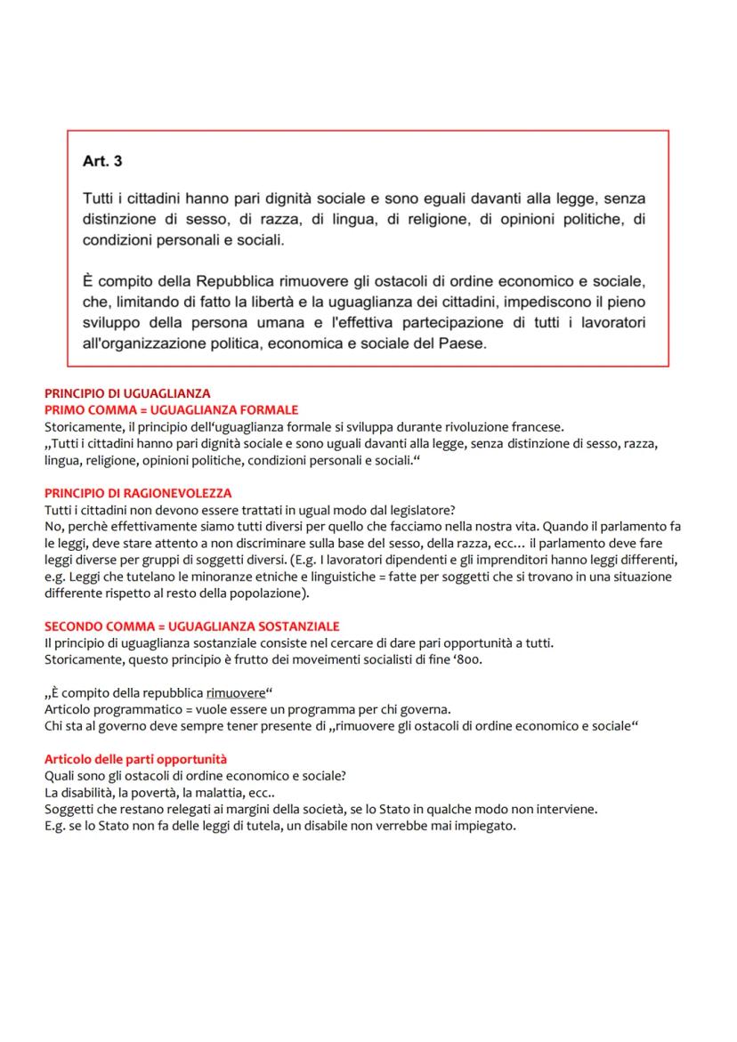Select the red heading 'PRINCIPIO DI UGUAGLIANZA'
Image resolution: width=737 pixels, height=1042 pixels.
[x=127, y=393]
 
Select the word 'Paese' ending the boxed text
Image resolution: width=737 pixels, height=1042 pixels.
[x=463, y=343]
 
